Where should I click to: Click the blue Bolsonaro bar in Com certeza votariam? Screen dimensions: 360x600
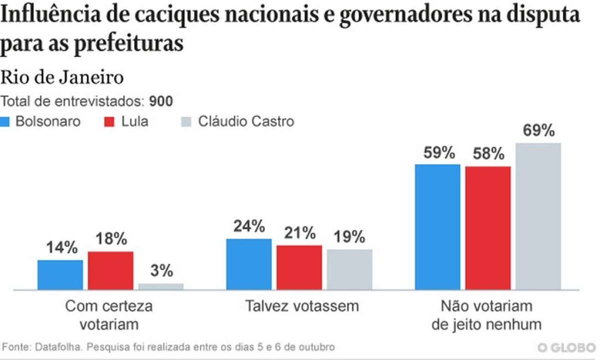coord(60,274)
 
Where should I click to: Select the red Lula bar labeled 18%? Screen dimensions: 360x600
coord(110,270)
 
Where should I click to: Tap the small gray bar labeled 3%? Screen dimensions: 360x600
coord(160,286)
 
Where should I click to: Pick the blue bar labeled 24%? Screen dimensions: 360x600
coord(249,264)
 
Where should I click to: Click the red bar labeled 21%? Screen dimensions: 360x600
coord(299,267)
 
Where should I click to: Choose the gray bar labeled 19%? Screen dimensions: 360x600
coord(349,269)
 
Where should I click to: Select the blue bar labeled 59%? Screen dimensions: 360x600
coord(437,226)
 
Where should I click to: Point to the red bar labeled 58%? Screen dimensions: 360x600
coord(488,227)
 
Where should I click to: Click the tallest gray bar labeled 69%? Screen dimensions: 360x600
coord(538,216)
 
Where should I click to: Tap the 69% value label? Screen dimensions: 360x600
coord(538,131)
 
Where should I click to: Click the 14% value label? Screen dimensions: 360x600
coord(61,247)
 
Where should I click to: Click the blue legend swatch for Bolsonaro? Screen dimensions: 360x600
coord(6,121)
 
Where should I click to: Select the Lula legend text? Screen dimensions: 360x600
coord(134,121)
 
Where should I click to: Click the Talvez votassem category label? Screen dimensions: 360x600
coord(302,306)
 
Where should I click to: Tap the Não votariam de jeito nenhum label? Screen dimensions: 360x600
coord(486,314)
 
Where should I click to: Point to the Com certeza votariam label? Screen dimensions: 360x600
coord(109,314)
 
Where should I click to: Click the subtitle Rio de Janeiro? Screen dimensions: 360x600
coord(62,78)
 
